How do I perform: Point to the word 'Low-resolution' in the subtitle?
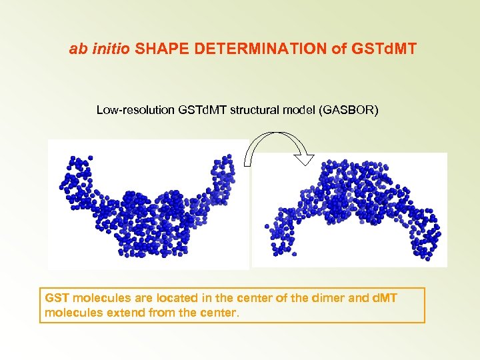coord(136,109)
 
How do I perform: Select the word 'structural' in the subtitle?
coord(257,109)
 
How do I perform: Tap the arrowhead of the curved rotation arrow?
coord(305,159)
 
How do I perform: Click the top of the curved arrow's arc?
coord(272,134)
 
